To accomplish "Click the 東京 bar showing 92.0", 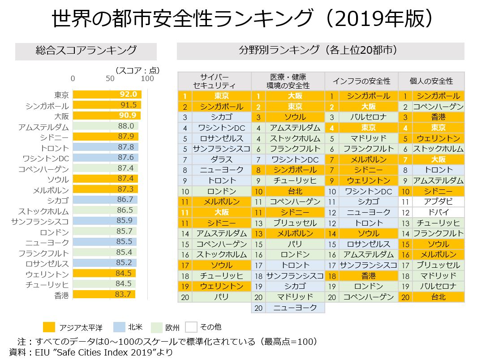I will click(107, 95).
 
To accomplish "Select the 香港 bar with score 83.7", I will click(103, 294).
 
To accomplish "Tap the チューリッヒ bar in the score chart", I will click(104, 284).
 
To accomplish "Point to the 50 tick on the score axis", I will click(110, 79).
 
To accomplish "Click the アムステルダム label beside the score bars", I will click(44, 127).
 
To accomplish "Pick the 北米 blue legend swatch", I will click(118, 327).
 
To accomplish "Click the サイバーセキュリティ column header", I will click(214, 81).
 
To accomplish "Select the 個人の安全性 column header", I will click(431, 81).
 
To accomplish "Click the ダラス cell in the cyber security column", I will click(221, 159).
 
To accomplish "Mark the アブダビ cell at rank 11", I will click(438, 201).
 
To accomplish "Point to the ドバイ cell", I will click(438, 212).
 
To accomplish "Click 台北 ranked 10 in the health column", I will click(295, 191).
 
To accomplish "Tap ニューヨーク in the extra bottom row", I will click(295, 308).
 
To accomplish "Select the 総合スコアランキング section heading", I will click(86, 51).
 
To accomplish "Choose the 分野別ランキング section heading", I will click(320, 51).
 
